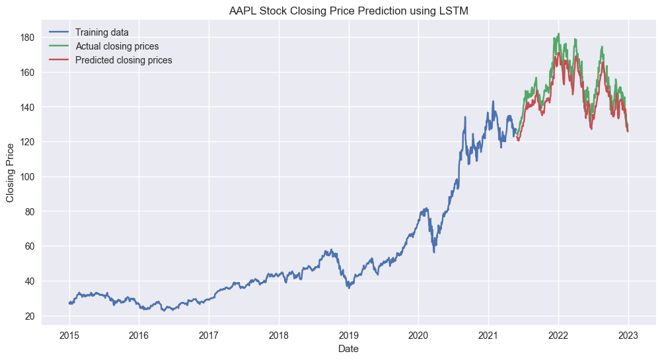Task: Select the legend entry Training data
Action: click(102, 32)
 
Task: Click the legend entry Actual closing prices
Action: click(117, 46)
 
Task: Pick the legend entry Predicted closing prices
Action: click(124, 60)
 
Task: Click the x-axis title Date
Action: click(348, 348)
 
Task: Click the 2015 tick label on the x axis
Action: click(69, 334)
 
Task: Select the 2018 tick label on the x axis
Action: click(279, 334)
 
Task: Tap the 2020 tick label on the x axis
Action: click(419, 334)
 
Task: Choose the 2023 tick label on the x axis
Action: click(628, 334)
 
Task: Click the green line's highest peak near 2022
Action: click(559, 34)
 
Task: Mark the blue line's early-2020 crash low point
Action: click(434, 252)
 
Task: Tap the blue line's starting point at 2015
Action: click(69, 303)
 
